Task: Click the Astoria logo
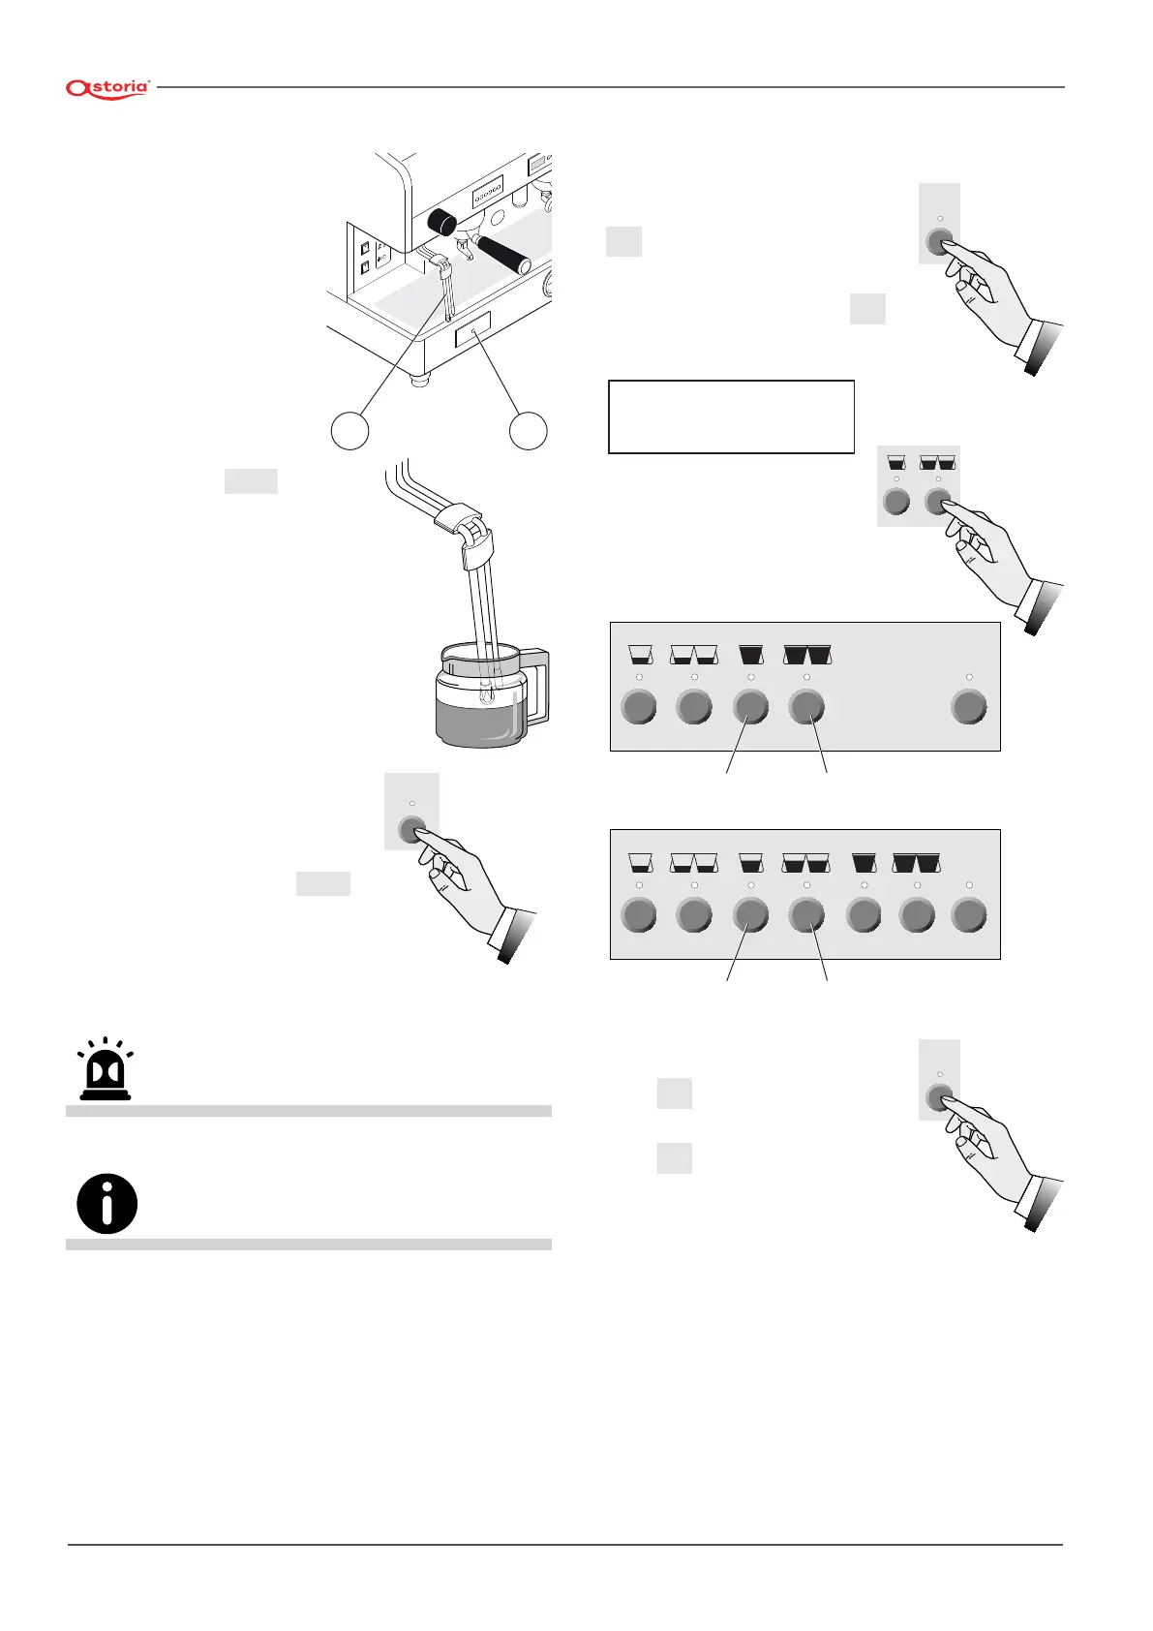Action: [x=107, y=88]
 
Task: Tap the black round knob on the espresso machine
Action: [x=441, y=222]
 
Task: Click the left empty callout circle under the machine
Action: [x=350, y=430]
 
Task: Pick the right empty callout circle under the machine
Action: [x=528, y=430]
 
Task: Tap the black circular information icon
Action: [x=106, y=1204]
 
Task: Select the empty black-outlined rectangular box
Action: [x=731, y=416]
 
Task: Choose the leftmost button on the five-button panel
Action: [x=638, y=707]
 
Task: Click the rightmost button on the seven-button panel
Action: [x=969, y=914]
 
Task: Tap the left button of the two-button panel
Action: [x=896, y=502]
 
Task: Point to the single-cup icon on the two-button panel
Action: [x=896, y=463]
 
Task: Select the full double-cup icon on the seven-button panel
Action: [x=917, y=861]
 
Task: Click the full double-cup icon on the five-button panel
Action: [x=807, y=654]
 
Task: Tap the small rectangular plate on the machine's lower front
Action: [x=472, y=330]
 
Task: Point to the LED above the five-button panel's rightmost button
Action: [x=969, y=676]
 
